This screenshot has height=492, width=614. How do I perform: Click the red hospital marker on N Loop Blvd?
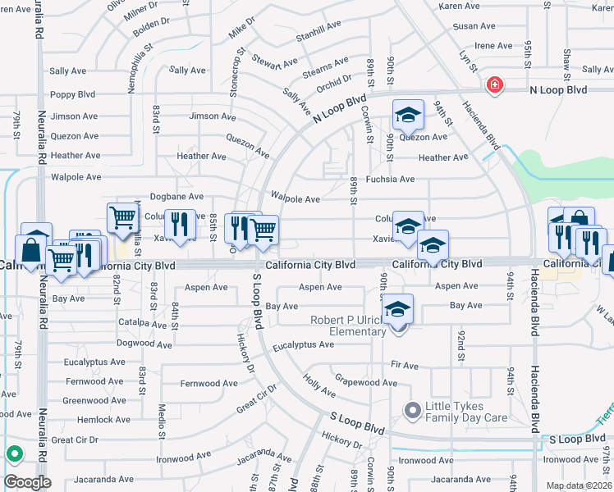(494, 85)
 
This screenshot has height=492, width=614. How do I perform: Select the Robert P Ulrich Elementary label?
(347, 326)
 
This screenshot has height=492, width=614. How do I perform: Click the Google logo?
(27, 482)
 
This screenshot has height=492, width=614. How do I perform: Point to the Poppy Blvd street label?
(74, 95)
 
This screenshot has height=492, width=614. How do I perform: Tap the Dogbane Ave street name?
(176, 197)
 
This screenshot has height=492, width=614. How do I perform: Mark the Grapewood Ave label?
(365, 382)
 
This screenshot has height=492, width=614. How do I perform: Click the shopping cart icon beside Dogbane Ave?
(122, 218)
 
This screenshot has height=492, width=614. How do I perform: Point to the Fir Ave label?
(405, 365)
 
